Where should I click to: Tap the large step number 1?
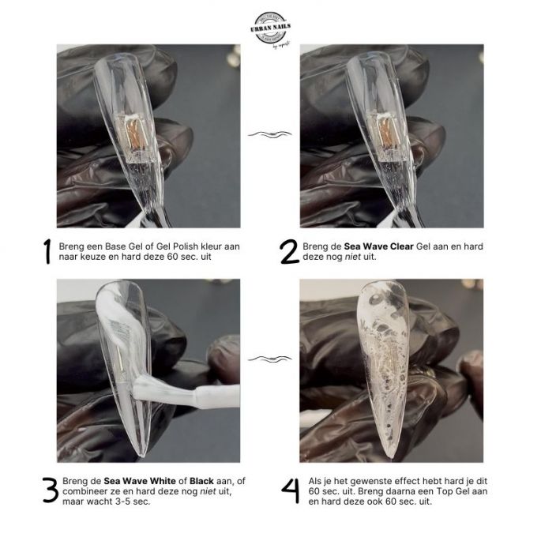47,251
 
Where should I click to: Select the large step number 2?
289,251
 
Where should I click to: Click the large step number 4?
289,490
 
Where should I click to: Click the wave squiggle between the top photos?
270,134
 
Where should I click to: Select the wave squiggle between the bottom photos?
270,359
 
